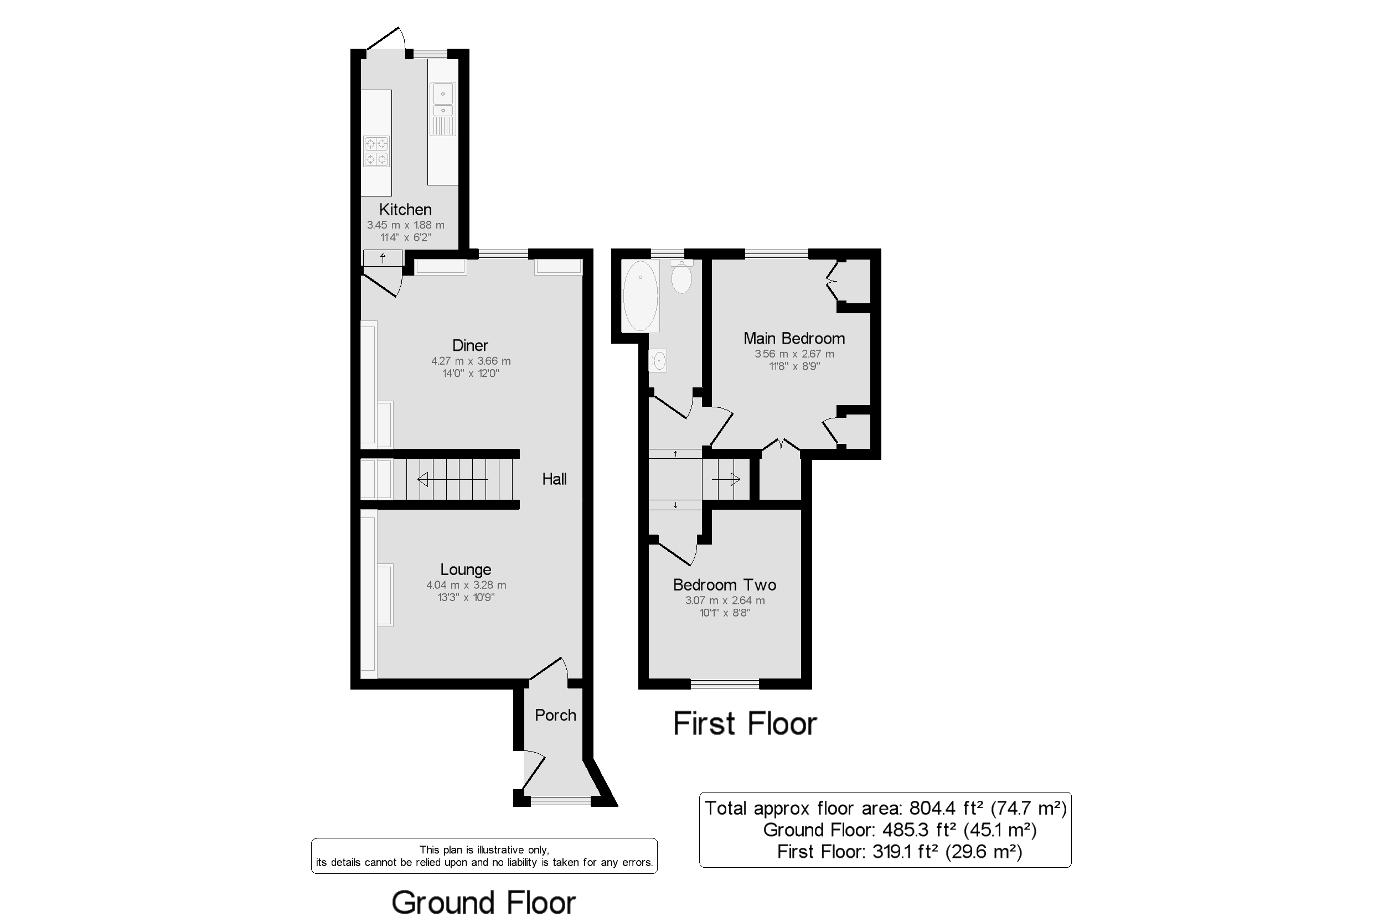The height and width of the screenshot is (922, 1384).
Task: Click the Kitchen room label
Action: click(405, 209)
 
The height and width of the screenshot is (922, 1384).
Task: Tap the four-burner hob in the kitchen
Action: click(376, 151)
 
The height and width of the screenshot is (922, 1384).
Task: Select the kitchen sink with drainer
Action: click(443, 109)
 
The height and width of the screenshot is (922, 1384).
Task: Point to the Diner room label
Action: click(470, 345)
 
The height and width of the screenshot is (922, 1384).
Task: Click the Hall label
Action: click(554, 479)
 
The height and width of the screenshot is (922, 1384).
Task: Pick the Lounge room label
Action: click(466, 569)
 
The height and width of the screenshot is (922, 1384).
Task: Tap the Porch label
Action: click(555, 715)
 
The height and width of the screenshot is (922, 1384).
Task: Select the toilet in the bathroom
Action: click(681, 276)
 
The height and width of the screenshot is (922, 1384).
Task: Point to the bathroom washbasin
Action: click(658, 360)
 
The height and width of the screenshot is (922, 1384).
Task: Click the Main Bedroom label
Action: click(794, 339)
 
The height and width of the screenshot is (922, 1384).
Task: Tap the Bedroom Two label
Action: click(725, 585)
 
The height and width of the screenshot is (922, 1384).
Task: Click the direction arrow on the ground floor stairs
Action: click(452, 480)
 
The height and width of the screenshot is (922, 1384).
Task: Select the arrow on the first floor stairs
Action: click(726, 480)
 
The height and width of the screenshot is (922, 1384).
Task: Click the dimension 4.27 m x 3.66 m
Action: click(471, 361)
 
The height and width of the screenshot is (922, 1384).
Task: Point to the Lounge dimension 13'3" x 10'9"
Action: click(466, 598)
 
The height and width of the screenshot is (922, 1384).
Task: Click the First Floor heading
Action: click(745, 723)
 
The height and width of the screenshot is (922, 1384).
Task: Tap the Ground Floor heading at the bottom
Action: click(483, 903)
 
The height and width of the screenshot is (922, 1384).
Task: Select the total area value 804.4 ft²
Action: click(947, 809)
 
